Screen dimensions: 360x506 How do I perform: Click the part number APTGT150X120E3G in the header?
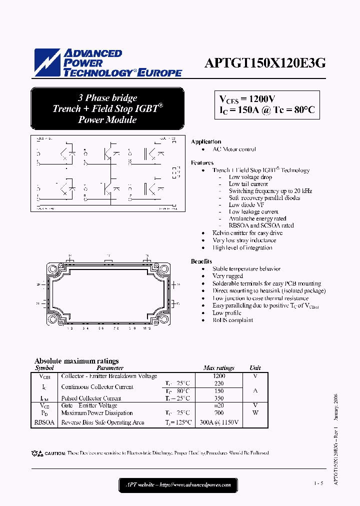pyautogui.click(x=265, y=63)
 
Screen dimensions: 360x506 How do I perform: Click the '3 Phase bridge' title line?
pyautogui.click(x=107, y=98)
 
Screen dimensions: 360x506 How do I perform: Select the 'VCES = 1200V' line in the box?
pyautogui.click(x=247, y=99)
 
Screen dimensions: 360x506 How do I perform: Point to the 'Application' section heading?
pyautogui.click(x=206, y=142)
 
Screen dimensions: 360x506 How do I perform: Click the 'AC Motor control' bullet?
pyautogui.click(x=234, y=149)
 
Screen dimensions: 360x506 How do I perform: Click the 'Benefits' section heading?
pyautogui.click(x=201, y=261)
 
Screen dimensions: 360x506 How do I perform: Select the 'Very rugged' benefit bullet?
pyautogui.click(x=227, y=276)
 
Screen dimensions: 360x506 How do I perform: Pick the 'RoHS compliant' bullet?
pyautogui.click(x=232, y=320)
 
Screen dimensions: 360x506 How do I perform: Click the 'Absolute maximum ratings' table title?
pyautogui.click(x=76, y=361)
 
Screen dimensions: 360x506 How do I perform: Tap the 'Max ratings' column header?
pyautogui.click(x=218, y=368)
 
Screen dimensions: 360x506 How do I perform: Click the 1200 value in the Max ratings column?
pyautogui.click(x=219, y=375)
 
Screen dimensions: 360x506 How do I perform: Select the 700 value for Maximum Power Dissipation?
pyautogui.click(x=218, y=413)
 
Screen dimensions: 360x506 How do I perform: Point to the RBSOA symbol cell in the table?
pyautogui.click(x=44, y=422)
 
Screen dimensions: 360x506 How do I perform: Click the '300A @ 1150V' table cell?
pyautogui.click(x=219, y=422)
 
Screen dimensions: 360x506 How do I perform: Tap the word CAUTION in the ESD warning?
pyautogui.click(x=55, y=453)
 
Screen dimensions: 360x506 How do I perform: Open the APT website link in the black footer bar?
pyautogui.click(x=177, y=484)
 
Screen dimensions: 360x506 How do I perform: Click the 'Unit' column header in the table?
pyautogui.click(x=255, y=368)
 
